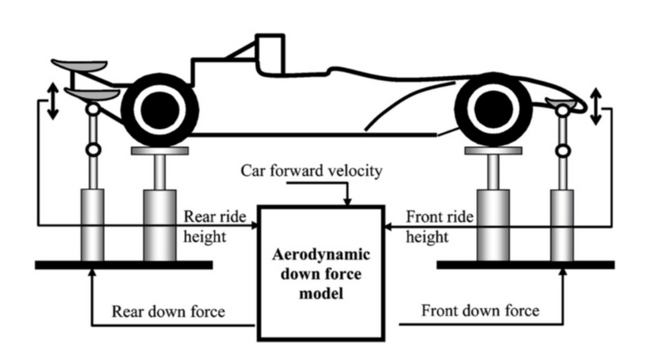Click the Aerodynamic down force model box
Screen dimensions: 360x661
coord(321,272)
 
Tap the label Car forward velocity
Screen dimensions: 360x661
coord(313,171)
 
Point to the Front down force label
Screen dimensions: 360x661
coord(480,311)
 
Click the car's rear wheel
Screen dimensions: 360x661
coord(160,109)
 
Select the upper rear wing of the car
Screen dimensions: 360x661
coord(79,65)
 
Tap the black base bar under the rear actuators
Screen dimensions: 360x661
coord(124,265)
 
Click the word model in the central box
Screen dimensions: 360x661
coord(321,293)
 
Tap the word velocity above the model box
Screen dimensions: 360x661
coord(358,171)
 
